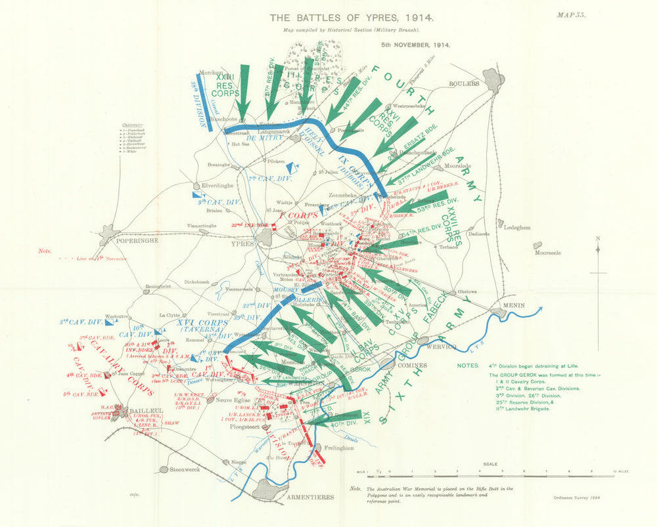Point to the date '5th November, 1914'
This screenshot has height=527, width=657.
415,45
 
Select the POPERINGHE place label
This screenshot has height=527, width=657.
135,241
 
